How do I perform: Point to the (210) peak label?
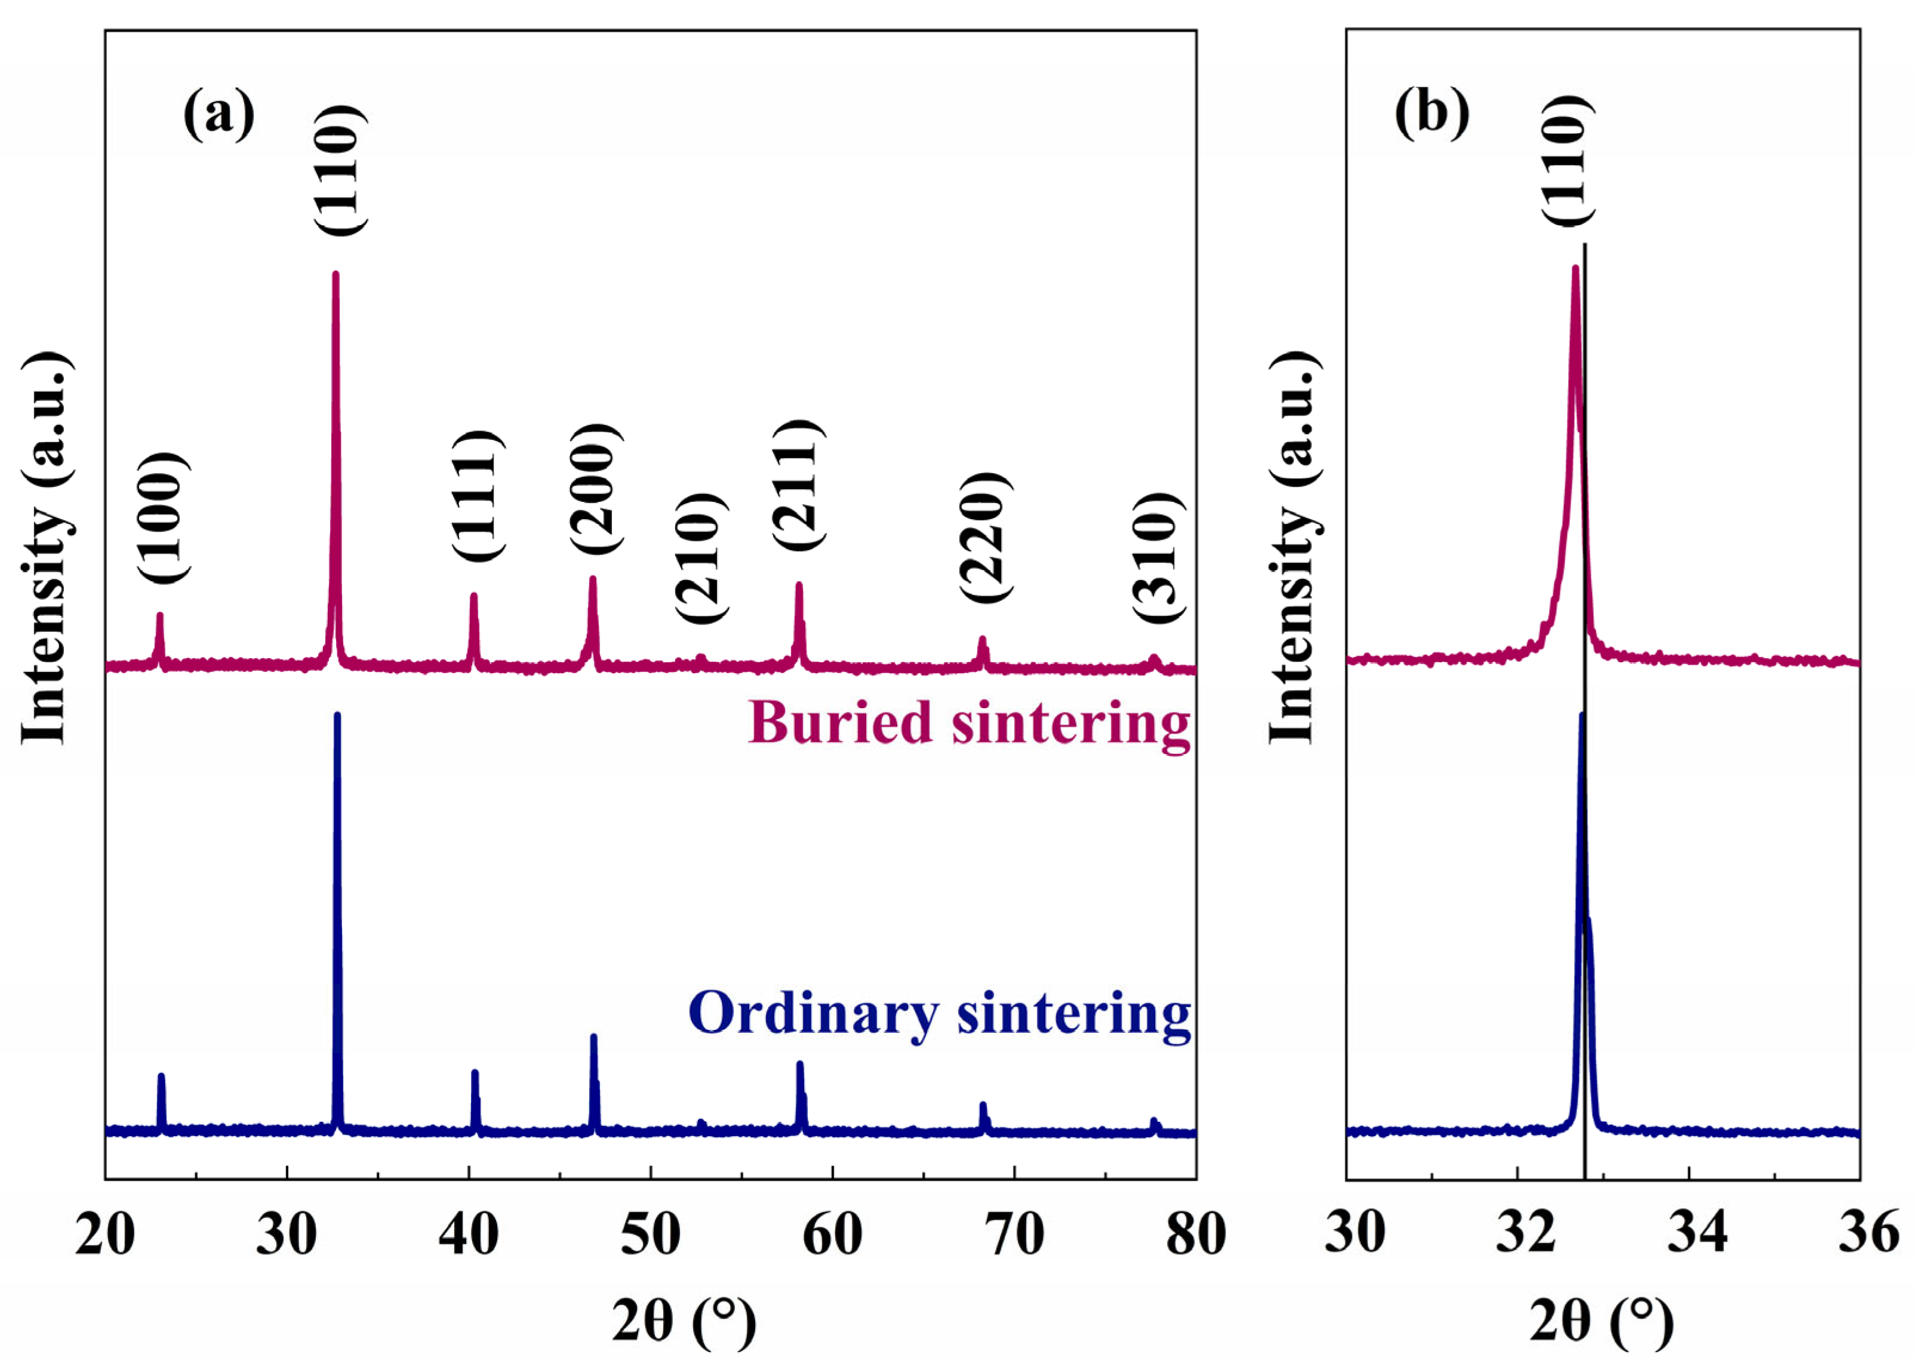[700, 557]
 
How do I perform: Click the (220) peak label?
[985, 536]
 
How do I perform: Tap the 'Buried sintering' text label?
[969, 724]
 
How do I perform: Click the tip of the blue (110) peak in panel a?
[338, 716]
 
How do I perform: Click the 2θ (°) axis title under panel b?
[1601, 1321]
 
